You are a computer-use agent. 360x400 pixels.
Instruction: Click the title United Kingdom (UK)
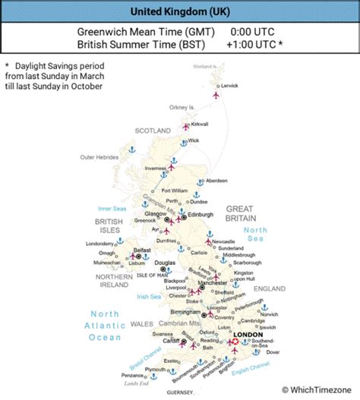[179, 11]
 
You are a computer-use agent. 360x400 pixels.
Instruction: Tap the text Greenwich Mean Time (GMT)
[146, 32]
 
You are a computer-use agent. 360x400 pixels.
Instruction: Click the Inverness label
[154, 169]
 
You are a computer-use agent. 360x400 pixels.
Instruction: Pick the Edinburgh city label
[201, 215]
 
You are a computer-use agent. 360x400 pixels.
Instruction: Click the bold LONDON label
[248, 334]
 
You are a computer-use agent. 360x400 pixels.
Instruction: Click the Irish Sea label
[148, 297]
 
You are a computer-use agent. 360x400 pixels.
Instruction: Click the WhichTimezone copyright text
[317, 389]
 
